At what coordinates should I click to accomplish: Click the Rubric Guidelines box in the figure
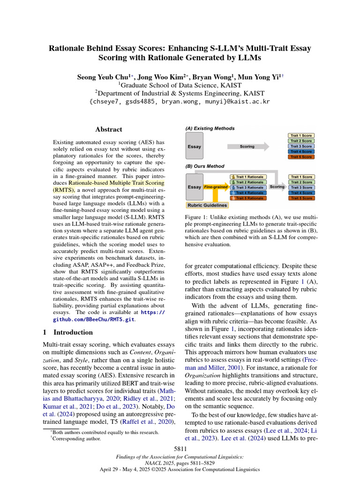click(207, 205)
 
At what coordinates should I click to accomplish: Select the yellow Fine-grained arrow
click(216, 187)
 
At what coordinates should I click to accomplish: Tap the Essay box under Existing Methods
click(195, 146)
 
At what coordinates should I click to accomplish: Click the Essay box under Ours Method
click(195, 187)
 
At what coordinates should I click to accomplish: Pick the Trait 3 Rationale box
click(248, 187)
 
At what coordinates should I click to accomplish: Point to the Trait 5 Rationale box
click(248, 198)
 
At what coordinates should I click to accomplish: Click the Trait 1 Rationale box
click(248, 177)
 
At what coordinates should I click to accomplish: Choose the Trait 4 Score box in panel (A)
click(301, 151)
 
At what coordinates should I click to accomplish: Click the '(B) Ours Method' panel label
click(205, 166)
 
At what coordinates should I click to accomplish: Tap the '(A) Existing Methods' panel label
click(210, 128)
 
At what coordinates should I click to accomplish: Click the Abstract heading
click(109, 129)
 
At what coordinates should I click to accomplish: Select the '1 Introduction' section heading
click(65, 332)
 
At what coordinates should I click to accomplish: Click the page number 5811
click(180, 450)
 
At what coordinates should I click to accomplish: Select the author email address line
click(180, 101)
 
